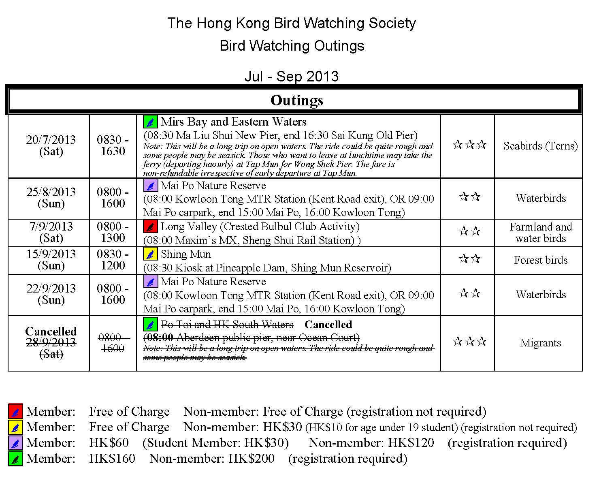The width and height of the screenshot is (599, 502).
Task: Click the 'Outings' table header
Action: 296,100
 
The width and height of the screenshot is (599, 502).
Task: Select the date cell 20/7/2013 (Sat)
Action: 51,145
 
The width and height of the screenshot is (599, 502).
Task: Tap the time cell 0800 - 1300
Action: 113,232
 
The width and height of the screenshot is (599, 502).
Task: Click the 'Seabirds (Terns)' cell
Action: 540,146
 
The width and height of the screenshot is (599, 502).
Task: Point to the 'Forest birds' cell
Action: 540,260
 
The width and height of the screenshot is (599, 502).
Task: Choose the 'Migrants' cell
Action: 540,343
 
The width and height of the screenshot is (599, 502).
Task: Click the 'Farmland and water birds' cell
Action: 540,233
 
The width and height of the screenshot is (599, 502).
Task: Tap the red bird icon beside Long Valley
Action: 150,226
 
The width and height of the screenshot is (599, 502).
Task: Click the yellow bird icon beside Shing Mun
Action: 150,254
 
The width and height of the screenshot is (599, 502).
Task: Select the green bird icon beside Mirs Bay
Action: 150,122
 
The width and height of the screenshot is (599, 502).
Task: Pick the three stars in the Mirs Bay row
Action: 469,145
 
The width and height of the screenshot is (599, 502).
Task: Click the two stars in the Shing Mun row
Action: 469,259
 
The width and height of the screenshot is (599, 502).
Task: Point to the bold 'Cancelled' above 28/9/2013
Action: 51,331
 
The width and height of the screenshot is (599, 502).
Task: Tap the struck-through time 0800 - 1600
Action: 113,343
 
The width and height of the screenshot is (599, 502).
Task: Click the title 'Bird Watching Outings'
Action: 292,46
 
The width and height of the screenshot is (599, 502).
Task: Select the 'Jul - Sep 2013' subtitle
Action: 292,76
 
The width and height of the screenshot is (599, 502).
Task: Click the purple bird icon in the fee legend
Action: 15,443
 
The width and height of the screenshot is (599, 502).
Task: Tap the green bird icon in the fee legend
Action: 15,459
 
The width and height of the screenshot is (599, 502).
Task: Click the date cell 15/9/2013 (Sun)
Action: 51,260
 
